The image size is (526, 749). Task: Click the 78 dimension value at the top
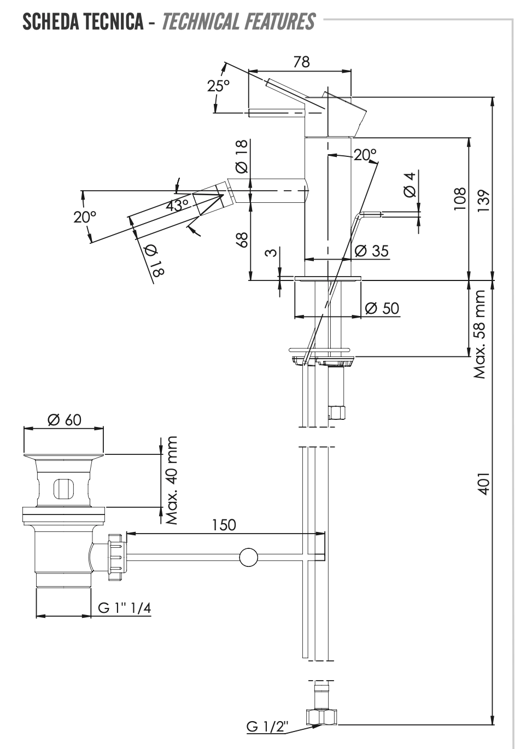click(301, 61)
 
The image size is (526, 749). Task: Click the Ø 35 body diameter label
click(371, 250)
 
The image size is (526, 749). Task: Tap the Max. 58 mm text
click(480, 334)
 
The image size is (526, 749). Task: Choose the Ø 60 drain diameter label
click(64, 419)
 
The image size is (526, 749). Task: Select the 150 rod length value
click(224, 524)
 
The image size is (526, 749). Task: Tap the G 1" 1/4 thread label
click(124, 607)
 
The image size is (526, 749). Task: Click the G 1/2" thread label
click(268, 727)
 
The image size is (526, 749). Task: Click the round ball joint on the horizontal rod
click(248, 557)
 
